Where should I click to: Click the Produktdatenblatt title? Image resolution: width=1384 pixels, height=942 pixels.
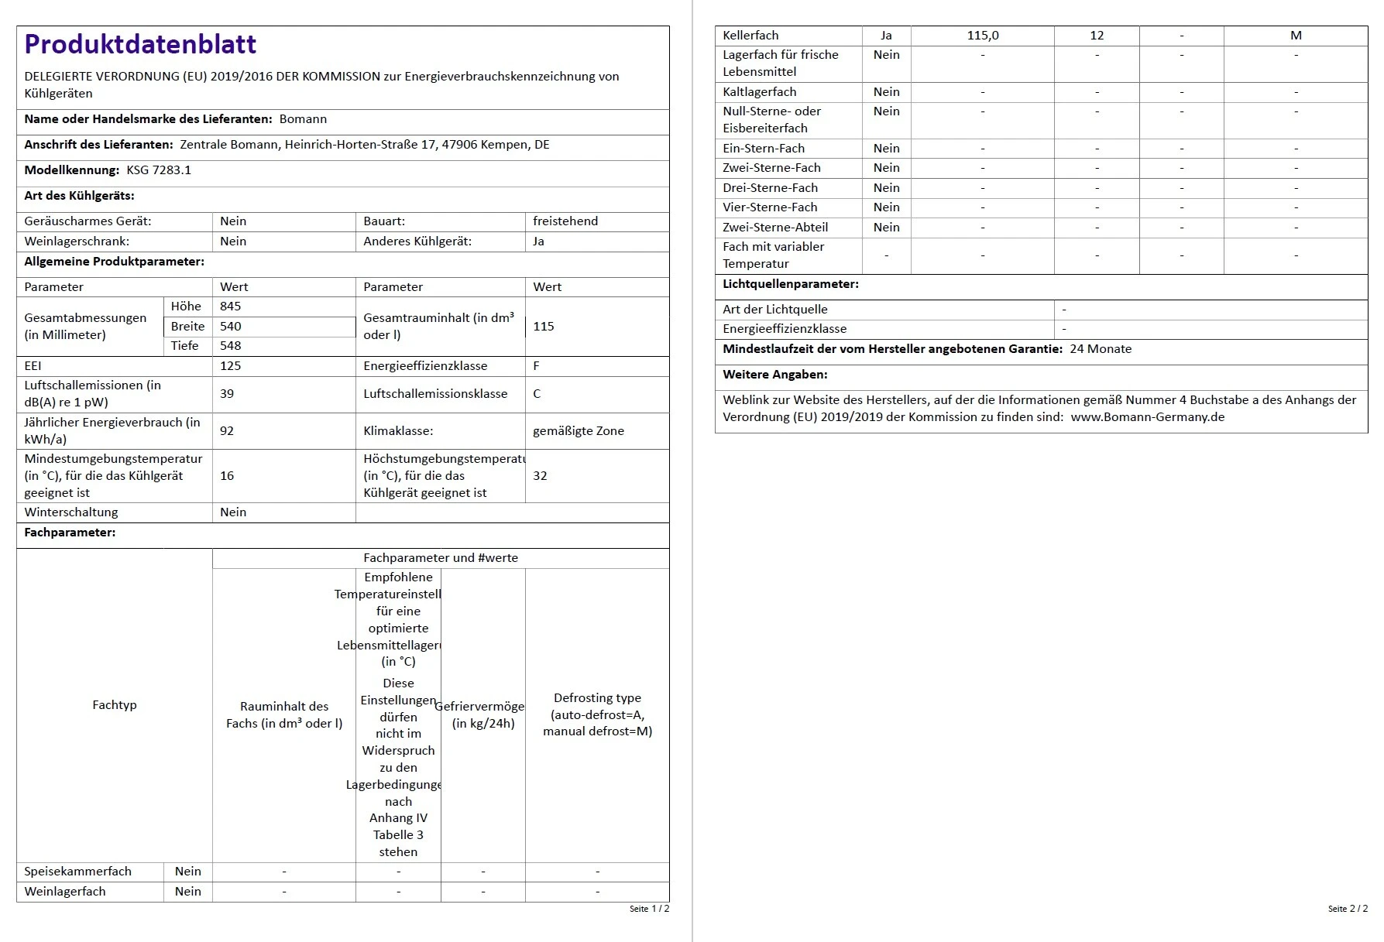(x=140, y=44)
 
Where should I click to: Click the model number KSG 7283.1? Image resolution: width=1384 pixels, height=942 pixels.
(x=159, y=170)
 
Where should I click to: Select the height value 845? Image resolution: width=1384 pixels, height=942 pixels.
(x=231, y=307)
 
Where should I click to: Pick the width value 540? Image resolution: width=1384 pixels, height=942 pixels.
(x=231, y=327)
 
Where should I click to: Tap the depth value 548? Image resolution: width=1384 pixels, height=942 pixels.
(x=231, y=346)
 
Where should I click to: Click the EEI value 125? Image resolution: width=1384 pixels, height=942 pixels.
(x=231, y=366)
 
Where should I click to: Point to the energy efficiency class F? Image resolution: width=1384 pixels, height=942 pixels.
(x=537, y=366)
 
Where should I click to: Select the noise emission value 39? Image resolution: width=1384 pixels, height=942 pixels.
(x=227, y=394)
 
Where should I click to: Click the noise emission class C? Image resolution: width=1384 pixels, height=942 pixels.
(x=537, y=394)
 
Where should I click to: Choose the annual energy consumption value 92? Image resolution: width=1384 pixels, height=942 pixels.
(x=227, y=431)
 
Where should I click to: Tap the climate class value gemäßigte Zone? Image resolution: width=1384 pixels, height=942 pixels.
(x=579, y=431)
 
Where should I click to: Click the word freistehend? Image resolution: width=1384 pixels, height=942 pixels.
(x=565, y=221)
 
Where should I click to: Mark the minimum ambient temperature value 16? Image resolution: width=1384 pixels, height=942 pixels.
(x=227, y=476)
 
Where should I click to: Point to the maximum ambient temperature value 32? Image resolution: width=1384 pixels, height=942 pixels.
(x=540, y=476)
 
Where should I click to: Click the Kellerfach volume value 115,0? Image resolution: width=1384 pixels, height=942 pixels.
(x=983, y=36)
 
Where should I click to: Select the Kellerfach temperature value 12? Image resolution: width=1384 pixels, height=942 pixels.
(x=1097, y=36)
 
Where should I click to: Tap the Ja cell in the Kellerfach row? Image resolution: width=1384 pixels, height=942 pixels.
(x=886, y=36)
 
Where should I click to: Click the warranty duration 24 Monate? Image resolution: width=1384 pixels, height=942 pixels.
(x=1101, y=349)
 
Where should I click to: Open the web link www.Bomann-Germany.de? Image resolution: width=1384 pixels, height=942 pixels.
(x=1148, y=417)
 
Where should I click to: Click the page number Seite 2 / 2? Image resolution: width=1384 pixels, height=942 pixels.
(x=1348, y=909)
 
